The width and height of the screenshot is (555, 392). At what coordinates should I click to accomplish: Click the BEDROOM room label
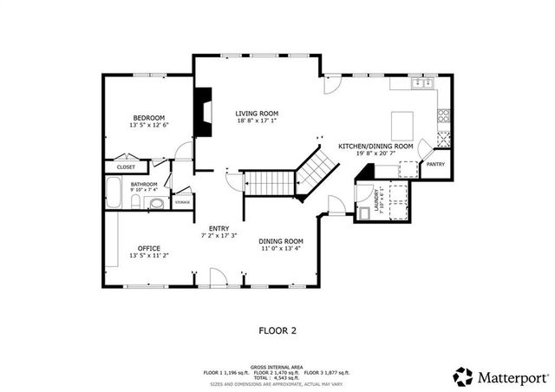149,118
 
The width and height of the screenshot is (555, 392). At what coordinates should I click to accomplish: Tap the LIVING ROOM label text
257,114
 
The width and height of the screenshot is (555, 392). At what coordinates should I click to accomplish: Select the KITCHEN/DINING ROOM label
375,147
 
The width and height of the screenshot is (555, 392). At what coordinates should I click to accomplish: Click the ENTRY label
219,228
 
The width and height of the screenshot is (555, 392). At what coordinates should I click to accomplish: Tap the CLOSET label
127,167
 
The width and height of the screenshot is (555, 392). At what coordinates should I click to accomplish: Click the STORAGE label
182,202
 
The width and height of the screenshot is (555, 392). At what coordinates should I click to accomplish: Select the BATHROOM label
144,184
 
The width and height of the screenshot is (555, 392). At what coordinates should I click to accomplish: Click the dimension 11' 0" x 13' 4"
282,249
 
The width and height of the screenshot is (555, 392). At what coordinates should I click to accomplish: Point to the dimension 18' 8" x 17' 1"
257,122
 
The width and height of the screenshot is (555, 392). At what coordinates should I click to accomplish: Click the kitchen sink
422,84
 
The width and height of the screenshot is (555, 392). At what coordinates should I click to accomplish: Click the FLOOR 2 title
277,330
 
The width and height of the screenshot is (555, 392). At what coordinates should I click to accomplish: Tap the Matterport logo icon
463,376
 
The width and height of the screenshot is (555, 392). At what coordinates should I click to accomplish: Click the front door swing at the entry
218,275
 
